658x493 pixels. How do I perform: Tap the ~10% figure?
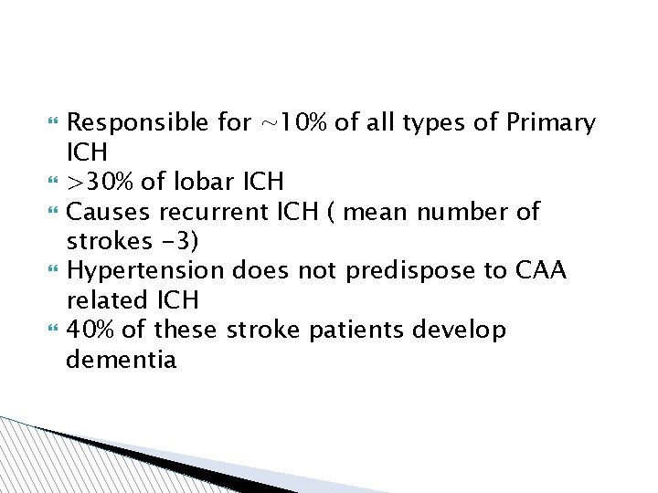pyautogui.click(x=293, y=123)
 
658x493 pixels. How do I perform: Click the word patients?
pyautogui.click(x=356, y=330)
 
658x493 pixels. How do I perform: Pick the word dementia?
pyautogui.click(x=122, y=360)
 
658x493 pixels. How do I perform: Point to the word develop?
pyautogui.click(x=460, y=330)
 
